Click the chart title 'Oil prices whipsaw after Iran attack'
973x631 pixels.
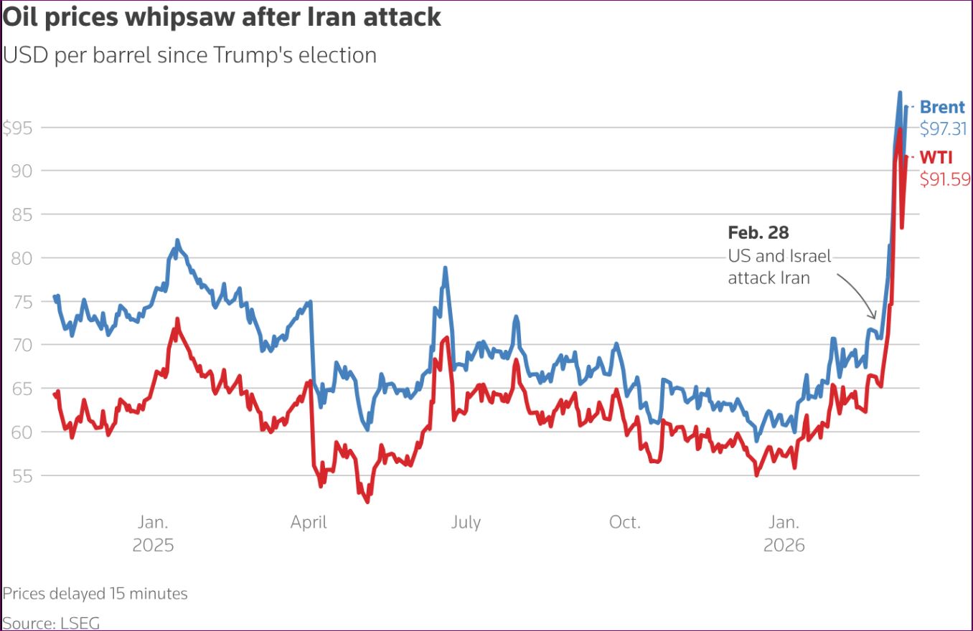pyautogui.click(x=222, y=16)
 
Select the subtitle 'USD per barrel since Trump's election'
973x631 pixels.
pyautogui.click(x=190, y=54)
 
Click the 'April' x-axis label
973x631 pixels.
pyautogui.click(x=309, y=522)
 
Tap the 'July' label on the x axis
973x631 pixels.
pyautogui.click(x=466, y=522)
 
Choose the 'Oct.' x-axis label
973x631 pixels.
pyautogui.click(x=624, y=522)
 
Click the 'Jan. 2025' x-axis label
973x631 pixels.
pyautogui.click(x=153, y=533)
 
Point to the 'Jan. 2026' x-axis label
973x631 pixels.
pyautogui.click(x=784, y=533)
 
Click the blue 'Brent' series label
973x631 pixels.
pyautogui.click(x=942, y=108)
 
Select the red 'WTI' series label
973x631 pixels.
pyautogui.click(x=936, y=158)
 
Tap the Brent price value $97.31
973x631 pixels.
pyautogui.click(x=944, y=129)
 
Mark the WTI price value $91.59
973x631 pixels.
pyautogui.click(x=944, y=179)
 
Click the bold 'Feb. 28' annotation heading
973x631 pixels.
pyautogui.click(x=758, y=232)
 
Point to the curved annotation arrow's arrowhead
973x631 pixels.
pyautogui.click(x=873, y=316)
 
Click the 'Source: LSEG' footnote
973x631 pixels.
pyautogui.click(x=51, y=622)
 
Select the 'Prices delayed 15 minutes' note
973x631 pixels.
pyautogui.click(x=95, y=594)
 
